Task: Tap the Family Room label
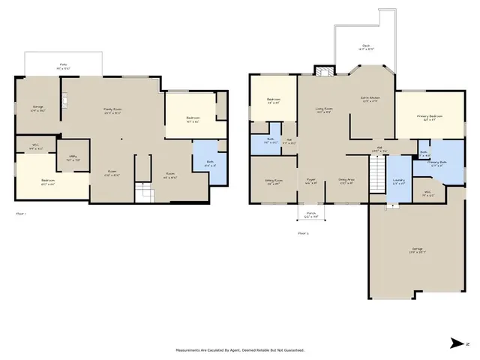tap(112, 111)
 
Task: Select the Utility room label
tap(73, 158)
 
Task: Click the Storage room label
tap(38, 109)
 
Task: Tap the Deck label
tap(366, 47)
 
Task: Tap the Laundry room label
tap(399, 180)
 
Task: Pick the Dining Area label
tap(346, 180)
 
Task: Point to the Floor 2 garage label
tap(416, 250)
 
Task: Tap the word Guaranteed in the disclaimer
tap(293, 350)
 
